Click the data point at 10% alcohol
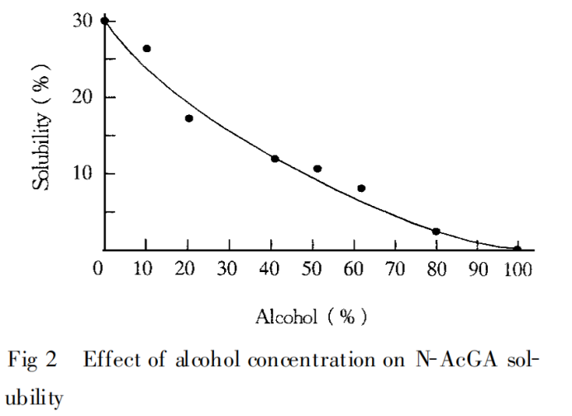146,49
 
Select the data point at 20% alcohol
188,118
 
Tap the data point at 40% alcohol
274,159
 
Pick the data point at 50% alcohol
317,169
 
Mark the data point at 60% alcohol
361,189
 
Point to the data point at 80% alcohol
436,232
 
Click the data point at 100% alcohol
517,249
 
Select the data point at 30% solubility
105,21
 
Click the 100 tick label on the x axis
517,269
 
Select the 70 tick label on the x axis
394,269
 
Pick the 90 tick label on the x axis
477,269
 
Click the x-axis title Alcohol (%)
311,317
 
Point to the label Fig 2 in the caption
32,362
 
